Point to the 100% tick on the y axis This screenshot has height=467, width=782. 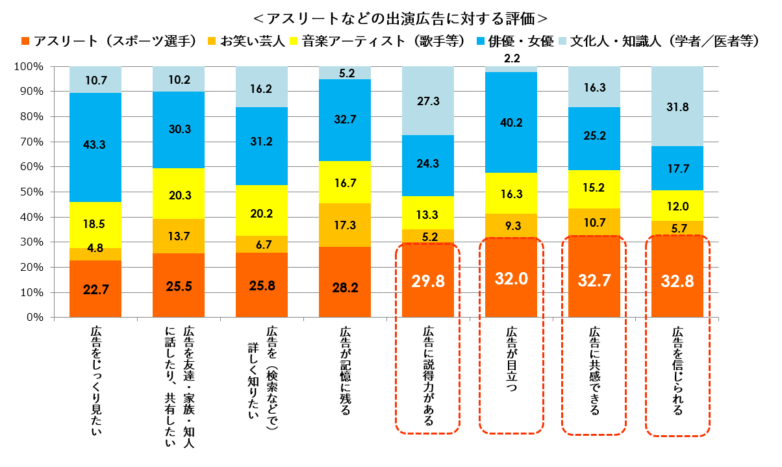[29, 66]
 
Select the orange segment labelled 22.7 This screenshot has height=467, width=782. [95, 289]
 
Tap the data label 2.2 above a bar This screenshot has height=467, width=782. [511, 58]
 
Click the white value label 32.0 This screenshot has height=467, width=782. [511, 280]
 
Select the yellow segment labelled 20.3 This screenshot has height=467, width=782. [179, 194]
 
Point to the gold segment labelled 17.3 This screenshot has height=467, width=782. [345, 225]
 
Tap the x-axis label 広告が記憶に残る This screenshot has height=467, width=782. [345, 371]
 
